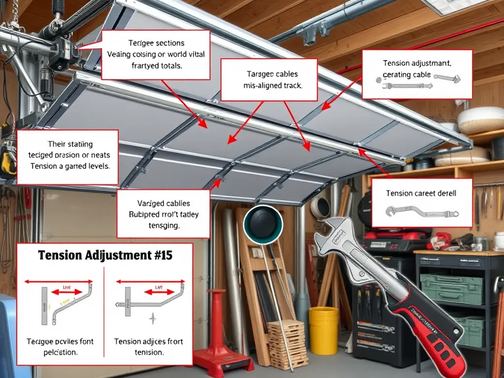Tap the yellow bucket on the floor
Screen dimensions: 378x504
click(323, 330)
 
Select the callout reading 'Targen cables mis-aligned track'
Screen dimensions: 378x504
click(273, 80)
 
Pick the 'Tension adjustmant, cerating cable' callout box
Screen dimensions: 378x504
click(417, 74)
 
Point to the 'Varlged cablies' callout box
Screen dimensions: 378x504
click(162, 214)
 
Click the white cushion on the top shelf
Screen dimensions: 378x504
click(480, 120)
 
